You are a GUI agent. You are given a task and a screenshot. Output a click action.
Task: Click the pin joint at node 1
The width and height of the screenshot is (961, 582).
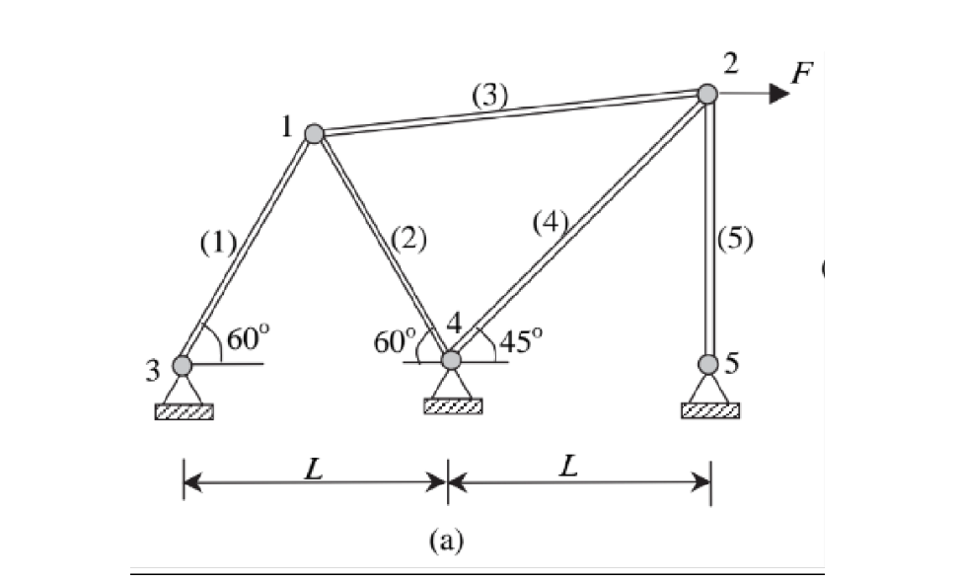(314, 133)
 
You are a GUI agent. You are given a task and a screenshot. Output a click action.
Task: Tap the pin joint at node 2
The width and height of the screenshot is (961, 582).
(707, 94)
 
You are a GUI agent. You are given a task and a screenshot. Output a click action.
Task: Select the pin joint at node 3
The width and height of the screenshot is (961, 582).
(182, 365)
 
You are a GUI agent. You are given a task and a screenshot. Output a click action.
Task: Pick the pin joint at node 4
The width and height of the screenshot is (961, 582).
(451, 360)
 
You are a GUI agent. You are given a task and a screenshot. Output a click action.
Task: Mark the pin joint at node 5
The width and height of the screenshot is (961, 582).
(707, 364)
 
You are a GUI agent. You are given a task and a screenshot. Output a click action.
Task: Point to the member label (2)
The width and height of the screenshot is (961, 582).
(407, 239)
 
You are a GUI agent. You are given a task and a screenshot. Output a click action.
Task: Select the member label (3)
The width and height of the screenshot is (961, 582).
(490, 96)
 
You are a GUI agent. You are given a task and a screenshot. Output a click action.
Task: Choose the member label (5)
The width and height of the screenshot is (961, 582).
(736, 241)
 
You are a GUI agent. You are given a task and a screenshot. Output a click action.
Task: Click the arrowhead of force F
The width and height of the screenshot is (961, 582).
(779, 94)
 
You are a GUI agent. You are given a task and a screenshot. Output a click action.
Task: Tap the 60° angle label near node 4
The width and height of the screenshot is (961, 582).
(395, 341)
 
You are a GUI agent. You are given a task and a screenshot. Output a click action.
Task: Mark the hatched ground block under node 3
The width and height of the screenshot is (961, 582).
(183, 410)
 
